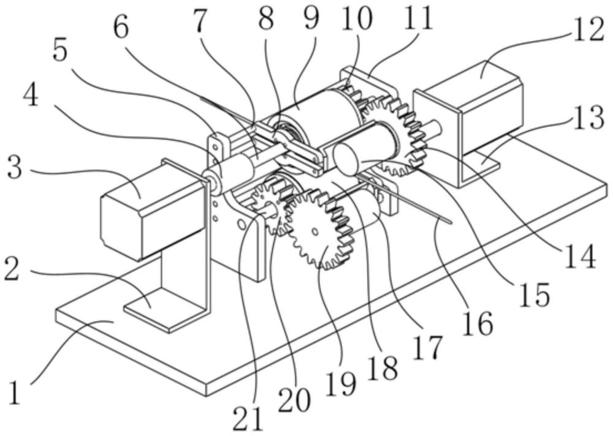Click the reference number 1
pos(15,393)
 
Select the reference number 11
pos(419,18)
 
